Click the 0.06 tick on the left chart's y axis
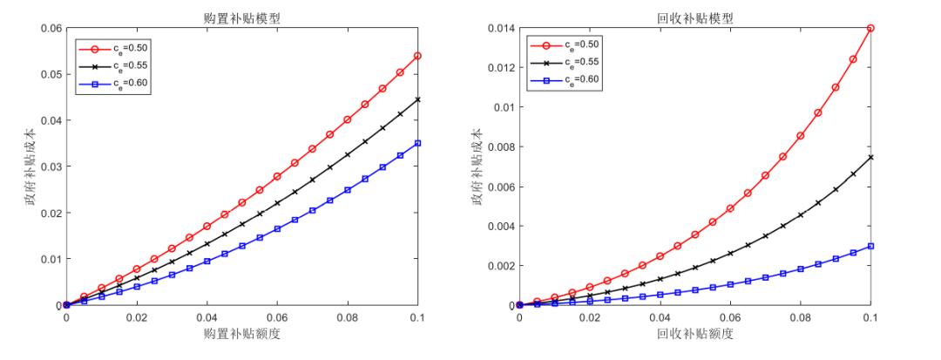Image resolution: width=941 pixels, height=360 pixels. pos(51,28)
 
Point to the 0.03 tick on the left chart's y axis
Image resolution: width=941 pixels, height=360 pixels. pos(51,166)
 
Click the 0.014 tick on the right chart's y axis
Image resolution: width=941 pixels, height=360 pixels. pos(500,28)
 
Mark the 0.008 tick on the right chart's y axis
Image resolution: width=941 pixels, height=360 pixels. pos(500,146)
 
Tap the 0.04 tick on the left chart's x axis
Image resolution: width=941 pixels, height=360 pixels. pos(206,319)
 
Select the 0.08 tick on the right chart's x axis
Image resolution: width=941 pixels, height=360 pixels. pos(800,319)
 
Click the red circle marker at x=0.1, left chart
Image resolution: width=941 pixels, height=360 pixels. pos(417,56)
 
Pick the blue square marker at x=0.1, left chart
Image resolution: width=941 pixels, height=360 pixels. pos(417,143)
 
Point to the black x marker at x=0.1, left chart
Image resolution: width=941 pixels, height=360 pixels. pos(417,99)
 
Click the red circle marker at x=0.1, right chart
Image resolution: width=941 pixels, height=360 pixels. pos(870,28)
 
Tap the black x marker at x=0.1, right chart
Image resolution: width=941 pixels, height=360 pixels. pos(870,157)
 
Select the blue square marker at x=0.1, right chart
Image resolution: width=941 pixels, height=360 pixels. pos(870,246)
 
